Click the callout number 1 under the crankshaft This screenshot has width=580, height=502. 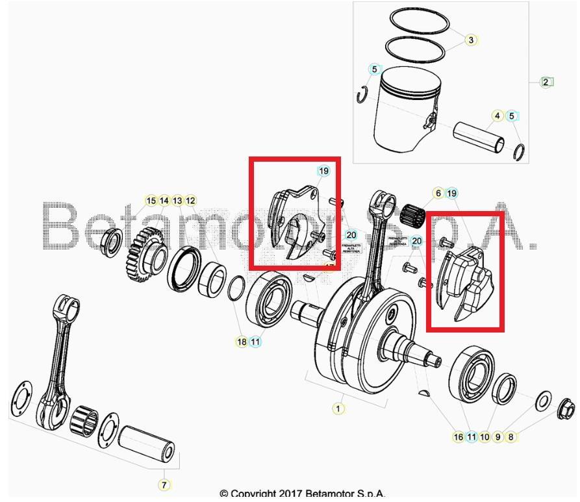[x=338, y=408]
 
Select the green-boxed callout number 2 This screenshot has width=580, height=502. [x=546, y=82]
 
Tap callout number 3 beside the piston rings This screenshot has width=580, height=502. [x=471, y=40]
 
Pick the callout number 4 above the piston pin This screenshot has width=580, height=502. [x=498, y=116]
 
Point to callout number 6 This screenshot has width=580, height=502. [x=438, y=193]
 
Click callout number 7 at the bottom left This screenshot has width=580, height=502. [x=164, y=484]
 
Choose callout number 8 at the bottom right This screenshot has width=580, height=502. [x=511, y=436]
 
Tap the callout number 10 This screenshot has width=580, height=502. [x=485, y=436]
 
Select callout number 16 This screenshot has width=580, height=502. [x=459, y=436]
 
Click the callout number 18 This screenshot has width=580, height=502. [x=242, y=342]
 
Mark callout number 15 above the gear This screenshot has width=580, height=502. [x=151, y=201]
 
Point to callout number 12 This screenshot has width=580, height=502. [x=190, y=201]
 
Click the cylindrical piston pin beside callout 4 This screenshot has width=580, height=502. [x=481, y=135]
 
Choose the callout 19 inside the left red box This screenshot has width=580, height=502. [x=323, y=171]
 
